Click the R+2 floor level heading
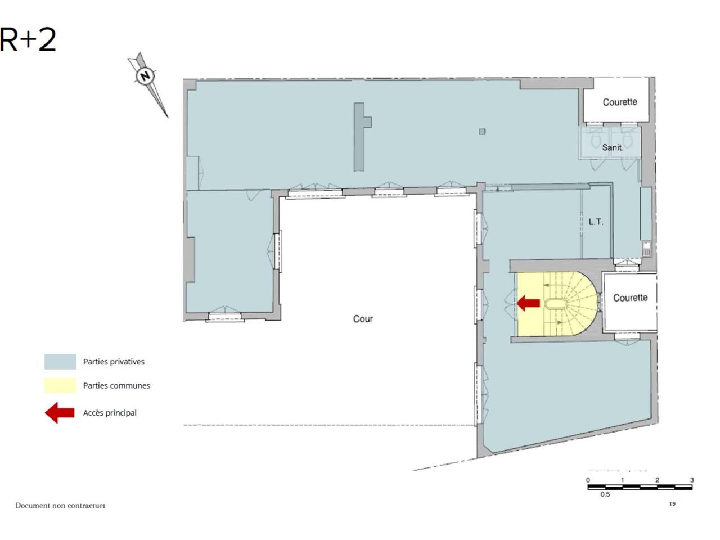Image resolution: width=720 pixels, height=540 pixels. (28, 39)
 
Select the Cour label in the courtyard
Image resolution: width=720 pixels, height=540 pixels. (363, 319)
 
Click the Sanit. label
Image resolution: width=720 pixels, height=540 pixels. (612, 147)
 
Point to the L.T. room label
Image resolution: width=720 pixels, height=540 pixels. (596, 222)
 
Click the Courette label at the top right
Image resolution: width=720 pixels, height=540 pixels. (620, 102)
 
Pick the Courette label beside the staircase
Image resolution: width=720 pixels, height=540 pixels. (630, 298)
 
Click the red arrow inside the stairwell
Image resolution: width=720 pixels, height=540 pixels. (529, 303)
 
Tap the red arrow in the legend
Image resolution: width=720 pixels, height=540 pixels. (60, 413)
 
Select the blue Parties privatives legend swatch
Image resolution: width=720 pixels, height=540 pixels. (60, 362)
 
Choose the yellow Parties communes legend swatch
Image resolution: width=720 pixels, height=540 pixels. (60, 385)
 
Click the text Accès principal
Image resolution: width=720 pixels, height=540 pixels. (110, 413)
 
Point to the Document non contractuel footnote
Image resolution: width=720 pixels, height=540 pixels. (60, 506)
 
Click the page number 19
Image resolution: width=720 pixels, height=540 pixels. (672, 504)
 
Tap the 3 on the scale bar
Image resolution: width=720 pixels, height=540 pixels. (692, 480)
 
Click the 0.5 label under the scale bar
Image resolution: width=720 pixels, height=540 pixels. (605, 494)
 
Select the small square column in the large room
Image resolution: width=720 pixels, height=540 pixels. (482, 132)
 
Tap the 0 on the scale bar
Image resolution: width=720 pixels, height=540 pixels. (588, 480)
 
